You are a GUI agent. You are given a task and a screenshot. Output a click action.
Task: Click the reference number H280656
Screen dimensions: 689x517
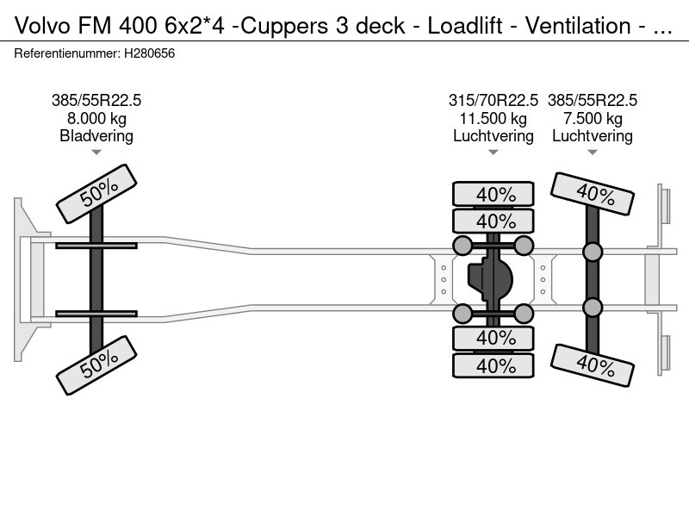[149, 53]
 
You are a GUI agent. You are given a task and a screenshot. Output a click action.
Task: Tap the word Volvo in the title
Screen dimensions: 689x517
[42, 26]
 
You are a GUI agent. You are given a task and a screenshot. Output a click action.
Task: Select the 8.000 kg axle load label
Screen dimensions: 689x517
[96, 119]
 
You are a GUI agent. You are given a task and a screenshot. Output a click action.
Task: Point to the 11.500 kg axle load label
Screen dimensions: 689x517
[493, 119]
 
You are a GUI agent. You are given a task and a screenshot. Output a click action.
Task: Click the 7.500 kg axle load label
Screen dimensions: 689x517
[593, 119]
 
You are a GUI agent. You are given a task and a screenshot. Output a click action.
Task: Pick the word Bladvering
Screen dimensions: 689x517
[96, 136]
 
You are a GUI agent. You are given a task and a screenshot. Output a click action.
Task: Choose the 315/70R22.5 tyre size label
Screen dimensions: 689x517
[493, 101]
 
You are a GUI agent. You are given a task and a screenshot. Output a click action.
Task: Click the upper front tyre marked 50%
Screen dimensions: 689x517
[96, 193]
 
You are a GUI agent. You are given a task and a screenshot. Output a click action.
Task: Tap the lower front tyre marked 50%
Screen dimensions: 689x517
[96, 365]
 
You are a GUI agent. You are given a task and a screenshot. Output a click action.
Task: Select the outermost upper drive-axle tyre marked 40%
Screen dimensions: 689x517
[493, 194]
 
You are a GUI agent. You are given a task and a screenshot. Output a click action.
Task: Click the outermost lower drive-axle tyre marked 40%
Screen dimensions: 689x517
[493, 365]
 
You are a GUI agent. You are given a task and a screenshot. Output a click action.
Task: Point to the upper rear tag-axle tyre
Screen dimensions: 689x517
[593, 194]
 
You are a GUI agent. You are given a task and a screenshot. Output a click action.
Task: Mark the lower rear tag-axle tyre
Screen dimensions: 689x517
[593, 365]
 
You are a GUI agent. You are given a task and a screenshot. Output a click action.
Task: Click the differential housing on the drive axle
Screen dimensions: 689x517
[490, 279]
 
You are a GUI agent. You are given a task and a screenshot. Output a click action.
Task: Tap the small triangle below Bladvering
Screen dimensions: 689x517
[96, 153]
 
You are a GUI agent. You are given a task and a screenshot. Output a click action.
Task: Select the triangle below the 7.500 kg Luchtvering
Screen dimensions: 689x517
[593, 153]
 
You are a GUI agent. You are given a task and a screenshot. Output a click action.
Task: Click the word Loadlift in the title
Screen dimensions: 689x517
[465, 26]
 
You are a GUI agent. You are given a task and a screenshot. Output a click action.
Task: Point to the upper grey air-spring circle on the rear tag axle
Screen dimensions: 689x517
[593, 252]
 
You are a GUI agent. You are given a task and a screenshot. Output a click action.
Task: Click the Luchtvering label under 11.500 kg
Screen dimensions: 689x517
[493, 136]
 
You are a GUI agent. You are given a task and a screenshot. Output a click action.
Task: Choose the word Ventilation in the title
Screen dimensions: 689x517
[578, 26]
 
